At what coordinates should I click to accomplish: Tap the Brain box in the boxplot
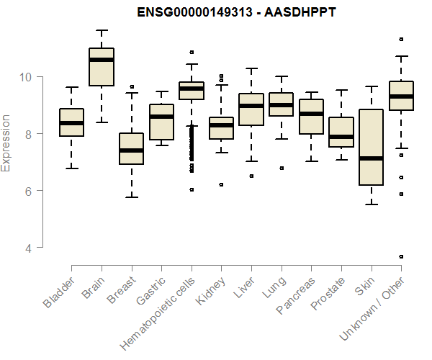point(102,67)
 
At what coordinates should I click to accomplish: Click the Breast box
point(131,148)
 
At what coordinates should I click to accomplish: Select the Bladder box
point(71,122)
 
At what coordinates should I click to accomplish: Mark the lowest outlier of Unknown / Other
point(401,256)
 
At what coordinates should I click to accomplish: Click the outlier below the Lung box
point(282,168)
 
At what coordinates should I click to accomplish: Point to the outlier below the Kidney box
point(221,184)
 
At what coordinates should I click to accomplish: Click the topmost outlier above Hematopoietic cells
point(192,52)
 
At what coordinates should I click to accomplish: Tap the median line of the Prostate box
point(341,136)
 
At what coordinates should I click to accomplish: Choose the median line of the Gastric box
point(161,117)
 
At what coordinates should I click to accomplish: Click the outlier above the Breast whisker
point(131,86)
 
